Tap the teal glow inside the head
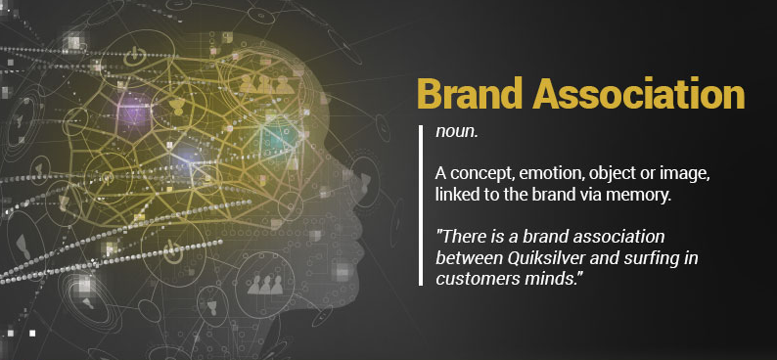coord(280,138)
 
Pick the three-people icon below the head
coord(265,284)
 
